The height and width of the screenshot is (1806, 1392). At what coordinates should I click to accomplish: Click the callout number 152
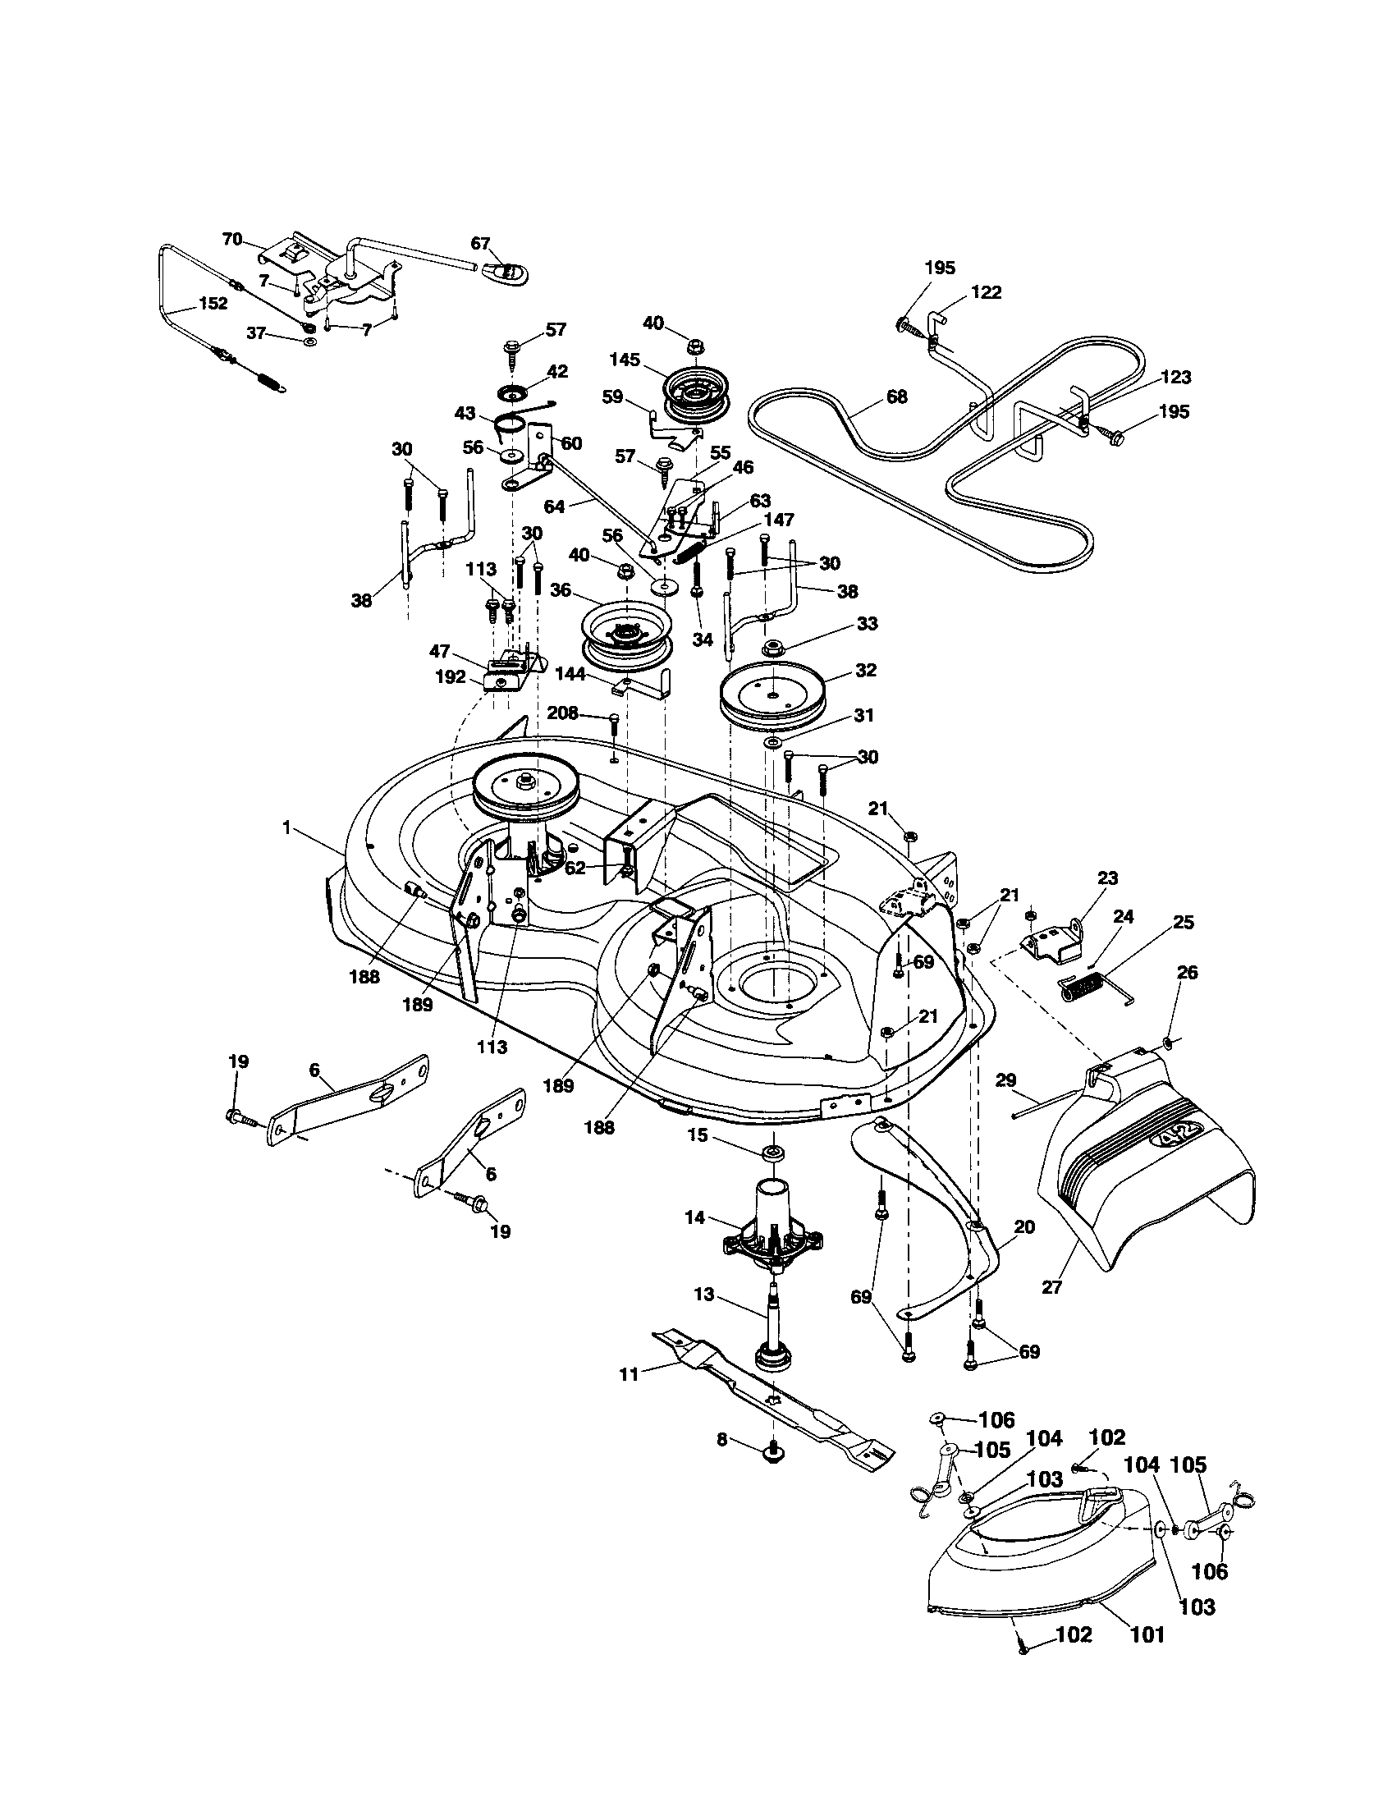click(x=213, y=304)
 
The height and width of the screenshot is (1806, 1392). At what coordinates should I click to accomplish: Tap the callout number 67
click(x=481, y=243)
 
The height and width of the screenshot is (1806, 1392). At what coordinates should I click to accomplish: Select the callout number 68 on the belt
click(x=896, y=397)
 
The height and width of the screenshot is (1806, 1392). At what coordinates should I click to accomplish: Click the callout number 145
click(x=625, y=360)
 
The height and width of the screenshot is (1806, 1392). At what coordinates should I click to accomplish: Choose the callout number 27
click(x=1051, y=1286)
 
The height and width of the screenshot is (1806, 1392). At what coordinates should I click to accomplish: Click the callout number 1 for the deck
click(x=286, y=827)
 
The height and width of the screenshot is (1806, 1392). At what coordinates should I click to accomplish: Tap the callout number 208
click(x=562, y=712)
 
